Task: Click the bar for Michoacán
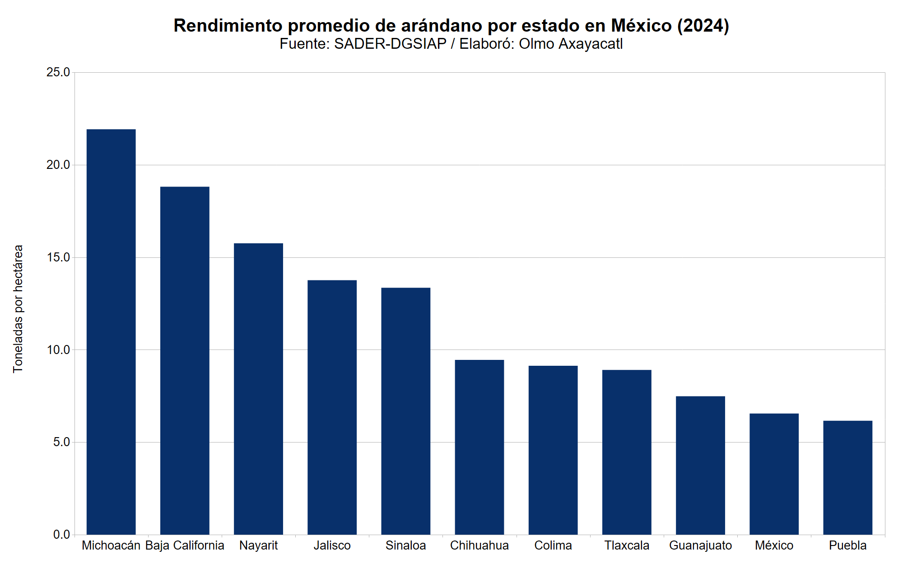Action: click(111, 332)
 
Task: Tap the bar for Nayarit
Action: click(258, 389)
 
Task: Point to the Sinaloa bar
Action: click(405, 411)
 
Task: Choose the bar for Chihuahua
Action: click(479, 447)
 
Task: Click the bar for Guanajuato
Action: click(700, 465)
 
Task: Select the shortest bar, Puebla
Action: click(847, 477)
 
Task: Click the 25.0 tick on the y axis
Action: click(58, 72)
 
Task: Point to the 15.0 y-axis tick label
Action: click(58, 257)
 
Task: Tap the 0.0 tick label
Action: click(61, 535)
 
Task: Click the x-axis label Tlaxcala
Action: click(627, 545)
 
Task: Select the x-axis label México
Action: click(774, 545)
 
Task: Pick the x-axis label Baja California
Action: click(185, 545)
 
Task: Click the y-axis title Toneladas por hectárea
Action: click(18, 309)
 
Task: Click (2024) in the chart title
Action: click(703, 26)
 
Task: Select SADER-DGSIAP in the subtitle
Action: click(390, 44)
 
